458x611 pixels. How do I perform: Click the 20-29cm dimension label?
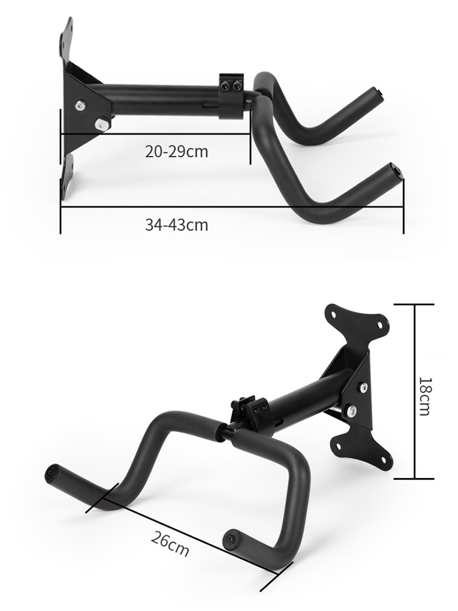point(177,152)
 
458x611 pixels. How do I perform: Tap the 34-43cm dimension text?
point(177,225)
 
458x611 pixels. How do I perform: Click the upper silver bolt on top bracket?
point(80,105)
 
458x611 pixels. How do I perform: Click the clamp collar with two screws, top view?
point(232,96)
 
